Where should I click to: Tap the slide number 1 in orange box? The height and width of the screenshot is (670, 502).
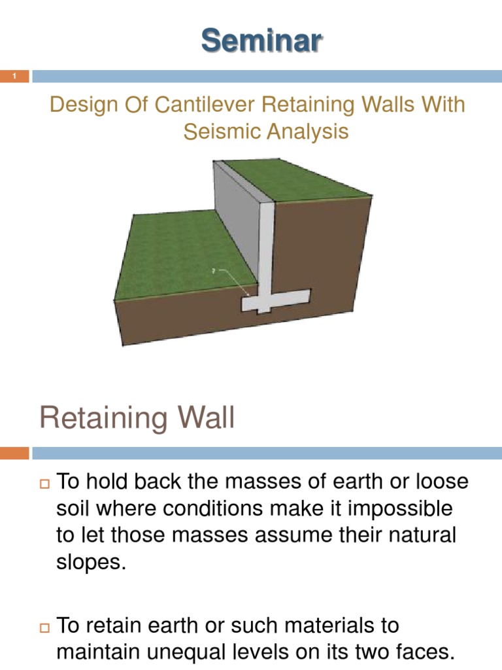[x=14, y=77]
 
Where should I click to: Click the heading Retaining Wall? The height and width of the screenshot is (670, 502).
[x=137, y=417]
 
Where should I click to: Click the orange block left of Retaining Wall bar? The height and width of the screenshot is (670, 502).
[x=14, y=453]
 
